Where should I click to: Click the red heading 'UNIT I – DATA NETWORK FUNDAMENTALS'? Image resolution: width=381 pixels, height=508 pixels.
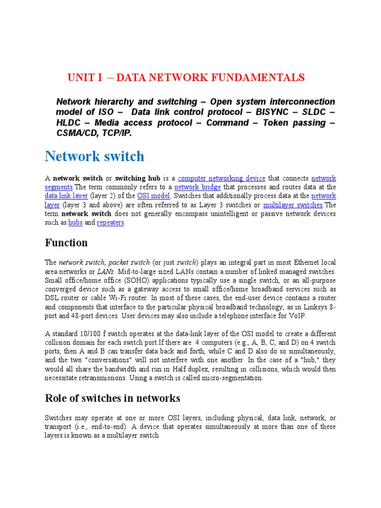point(186,77)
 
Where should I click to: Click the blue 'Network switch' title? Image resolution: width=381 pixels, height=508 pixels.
point(94,156)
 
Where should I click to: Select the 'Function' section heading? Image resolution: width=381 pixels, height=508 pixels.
point(66,243)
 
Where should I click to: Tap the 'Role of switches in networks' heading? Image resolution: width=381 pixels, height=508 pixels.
point(113,398)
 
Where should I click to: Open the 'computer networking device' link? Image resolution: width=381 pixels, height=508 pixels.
point(221,178)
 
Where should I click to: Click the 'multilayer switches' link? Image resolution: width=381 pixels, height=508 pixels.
point(293,205)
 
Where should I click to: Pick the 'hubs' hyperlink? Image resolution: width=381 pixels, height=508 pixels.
point(75,223)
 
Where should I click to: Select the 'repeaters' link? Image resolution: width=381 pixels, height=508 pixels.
point(111,223)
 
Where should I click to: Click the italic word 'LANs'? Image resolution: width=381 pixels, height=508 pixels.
point(106,272)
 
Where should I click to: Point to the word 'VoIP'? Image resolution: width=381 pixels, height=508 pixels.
point(296,316)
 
